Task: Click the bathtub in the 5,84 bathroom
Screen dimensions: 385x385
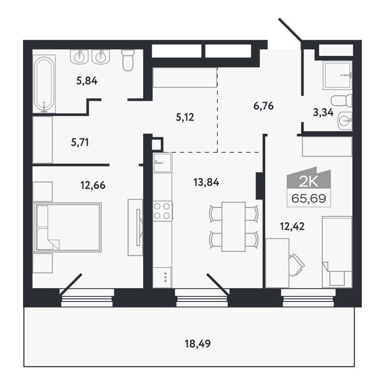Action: [44, 84]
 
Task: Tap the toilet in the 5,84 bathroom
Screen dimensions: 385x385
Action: [128, 60]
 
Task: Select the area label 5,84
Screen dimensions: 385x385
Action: [87, 80]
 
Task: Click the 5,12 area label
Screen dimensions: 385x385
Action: [185, 117]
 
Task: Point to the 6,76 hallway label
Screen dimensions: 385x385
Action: [263, 106]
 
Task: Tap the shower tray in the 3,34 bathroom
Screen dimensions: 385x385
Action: [337, 75]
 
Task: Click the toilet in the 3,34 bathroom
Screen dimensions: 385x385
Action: [342, 101]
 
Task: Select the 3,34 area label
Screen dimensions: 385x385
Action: [323, 112]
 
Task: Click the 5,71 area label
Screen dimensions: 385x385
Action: [80, 142]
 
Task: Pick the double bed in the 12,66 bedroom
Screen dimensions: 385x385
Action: [67, 227]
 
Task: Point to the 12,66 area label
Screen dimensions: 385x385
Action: [93, 185]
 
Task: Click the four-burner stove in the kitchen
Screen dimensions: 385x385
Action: [162, 211]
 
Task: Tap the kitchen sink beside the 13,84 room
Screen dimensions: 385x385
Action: [162, 163]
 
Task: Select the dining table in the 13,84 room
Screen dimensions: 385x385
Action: [234, 227]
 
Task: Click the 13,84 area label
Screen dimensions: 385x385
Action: [206, 183]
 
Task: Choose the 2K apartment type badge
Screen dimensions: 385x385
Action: [309, 178]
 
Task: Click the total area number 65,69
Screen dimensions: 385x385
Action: [309, 198]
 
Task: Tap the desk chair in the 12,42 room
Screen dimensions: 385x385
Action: [296, 265]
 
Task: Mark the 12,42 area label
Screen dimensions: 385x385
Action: [292, 226]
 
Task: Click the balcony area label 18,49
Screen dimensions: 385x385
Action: [197, 344]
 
